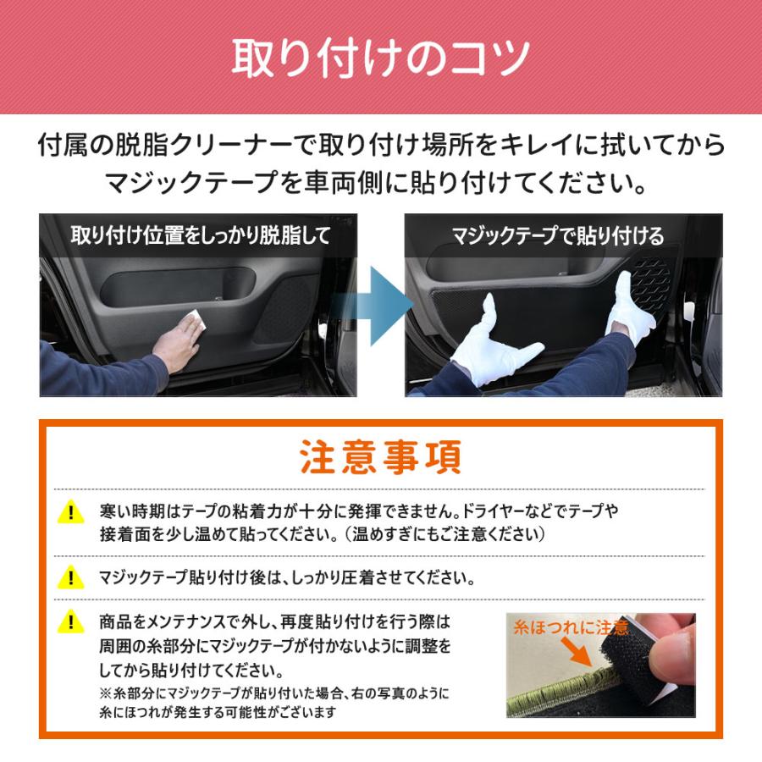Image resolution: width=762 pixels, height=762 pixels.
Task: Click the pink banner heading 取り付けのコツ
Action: click(x=381, y=58)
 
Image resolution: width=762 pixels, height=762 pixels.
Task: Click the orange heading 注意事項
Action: click(x=381, y=458)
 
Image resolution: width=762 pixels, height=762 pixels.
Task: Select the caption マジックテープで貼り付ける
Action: click(x=558, y=235)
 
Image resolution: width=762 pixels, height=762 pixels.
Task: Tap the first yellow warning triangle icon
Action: click(x=71, y=512)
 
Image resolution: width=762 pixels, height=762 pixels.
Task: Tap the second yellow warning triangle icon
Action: click(x=71, y=580)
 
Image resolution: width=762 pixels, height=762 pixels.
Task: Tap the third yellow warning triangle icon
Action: click(x=71, y=624)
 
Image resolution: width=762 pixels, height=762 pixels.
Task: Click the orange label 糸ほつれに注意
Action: click(x=571, y=627)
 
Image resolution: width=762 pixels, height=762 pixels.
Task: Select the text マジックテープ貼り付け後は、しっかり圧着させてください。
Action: click(x=286, y=580)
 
